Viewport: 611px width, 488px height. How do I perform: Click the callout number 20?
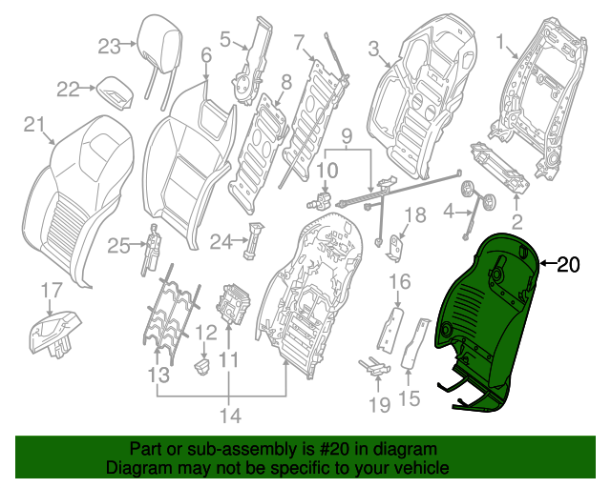coord(567,266)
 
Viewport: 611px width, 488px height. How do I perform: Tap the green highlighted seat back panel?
coord(487,315)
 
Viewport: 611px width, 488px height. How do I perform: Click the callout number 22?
coord(68,89)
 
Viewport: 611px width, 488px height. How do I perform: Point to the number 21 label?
coord(34,125)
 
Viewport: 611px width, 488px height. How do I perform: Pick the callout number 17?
coord(50,290)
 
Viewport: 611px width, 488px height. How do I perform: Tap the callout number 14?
coord(230,415)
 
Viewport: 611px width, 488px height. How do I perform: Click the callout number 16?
coord(398,281)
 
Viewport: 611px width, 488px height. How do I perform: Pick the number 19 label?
coord(379,405)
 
